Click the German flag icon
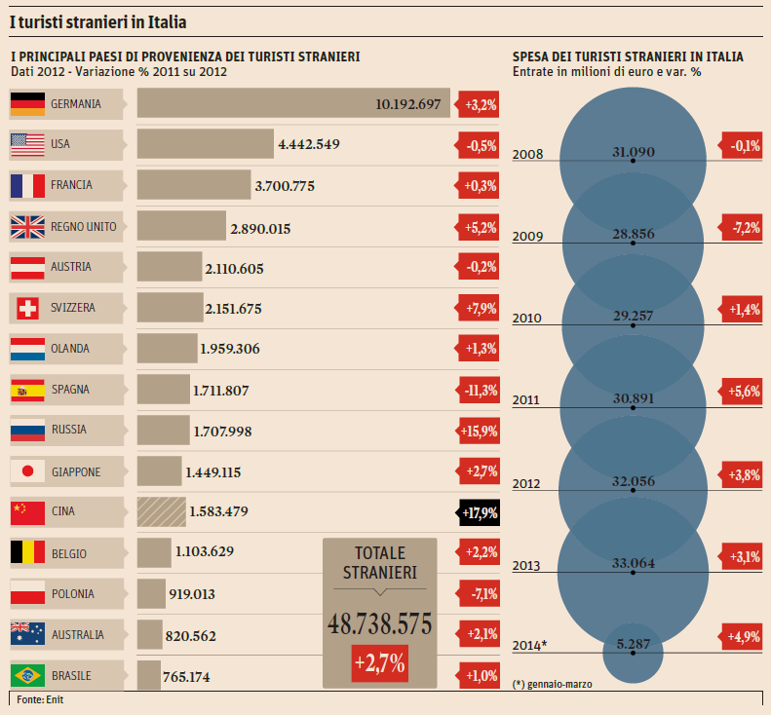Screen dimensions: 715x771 click(x=26, y=103)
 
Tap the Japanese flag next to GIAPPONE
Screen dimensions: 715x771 click(x=26, y=472)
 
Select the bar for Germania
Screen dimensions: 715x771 click(x=292, y=103)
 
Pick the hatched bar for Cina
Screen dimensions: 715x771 click(x=161, y=512)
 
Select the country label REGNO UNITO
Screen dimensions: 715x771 click(x=83, y=227)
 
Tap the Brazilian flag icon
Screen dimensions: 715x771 click(x=26, y=675)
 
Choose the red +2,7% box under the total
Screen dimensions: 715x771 click(x=380, y=664)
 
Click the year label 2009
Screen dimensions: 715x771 click(x=527, y=237)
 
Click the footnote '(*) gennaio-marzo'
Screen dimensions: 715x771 click(x=552, y=684)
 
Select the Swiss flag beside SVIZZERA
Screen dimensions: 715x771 click(x=26, y=309)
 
